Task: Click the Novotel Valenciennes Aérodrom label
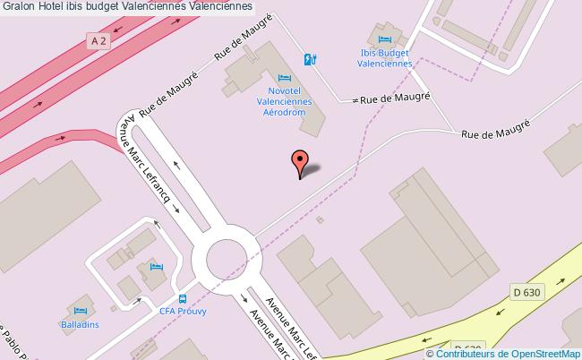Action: pyautogui.click(x=285, y=102)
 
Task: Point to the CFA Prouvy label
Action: pyautogui.click(x=184, y=311)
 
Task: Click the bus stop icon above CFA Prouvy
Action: pyautogui.click(x=183, y=298)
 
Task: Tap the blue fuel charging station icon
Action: pyautogui.click(x=310, y=60)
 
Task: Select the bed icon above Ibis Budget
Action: pyautogui.click(x=385, y=39)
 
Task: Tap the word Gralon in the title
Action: pyautogui.click(x=19, y=7)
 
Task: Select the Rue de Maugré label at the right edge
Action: pyautogui.click(x=496, y=131)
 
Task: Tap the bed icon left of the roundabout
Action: pyautogui.click(x=157, y=267)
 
